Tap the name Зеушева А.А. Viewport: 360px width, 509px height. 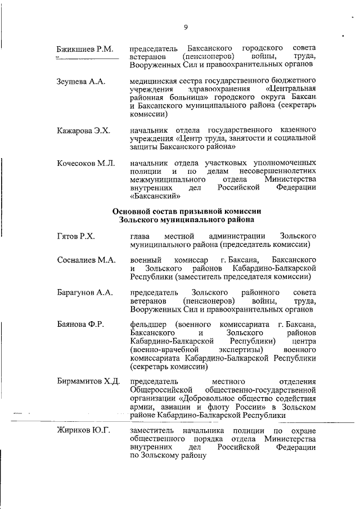coord(81,82)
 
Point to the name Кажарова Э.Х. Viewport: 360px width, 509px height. coord(83,130)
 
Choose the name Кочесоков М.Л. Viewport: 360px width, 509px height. coord(86,163)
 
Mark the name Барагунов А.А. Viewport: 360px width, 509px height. coord(85,293)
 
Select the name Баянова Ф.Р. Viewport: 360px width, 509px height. coord(82,326)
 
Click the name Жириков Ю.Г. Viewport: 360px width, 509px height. coord(83,431)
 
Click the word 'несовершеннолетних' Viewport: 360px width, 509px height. coord(277,171)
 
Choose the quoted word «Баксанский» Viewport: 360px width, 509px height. coord(155,196)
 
